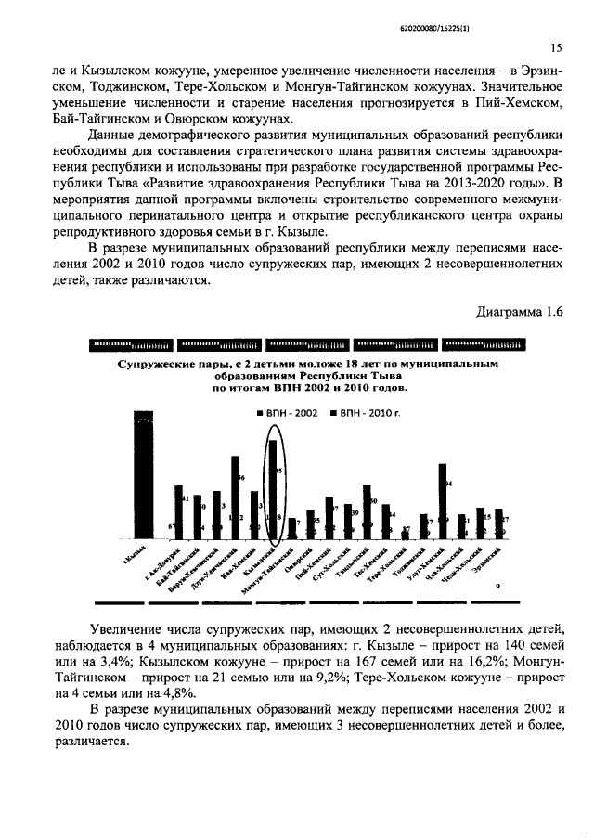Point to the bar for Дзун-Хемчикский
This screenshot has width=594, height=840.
(x=236, y=497)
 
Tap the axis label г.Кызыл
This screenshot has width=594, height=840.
(x=135, y=555)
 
